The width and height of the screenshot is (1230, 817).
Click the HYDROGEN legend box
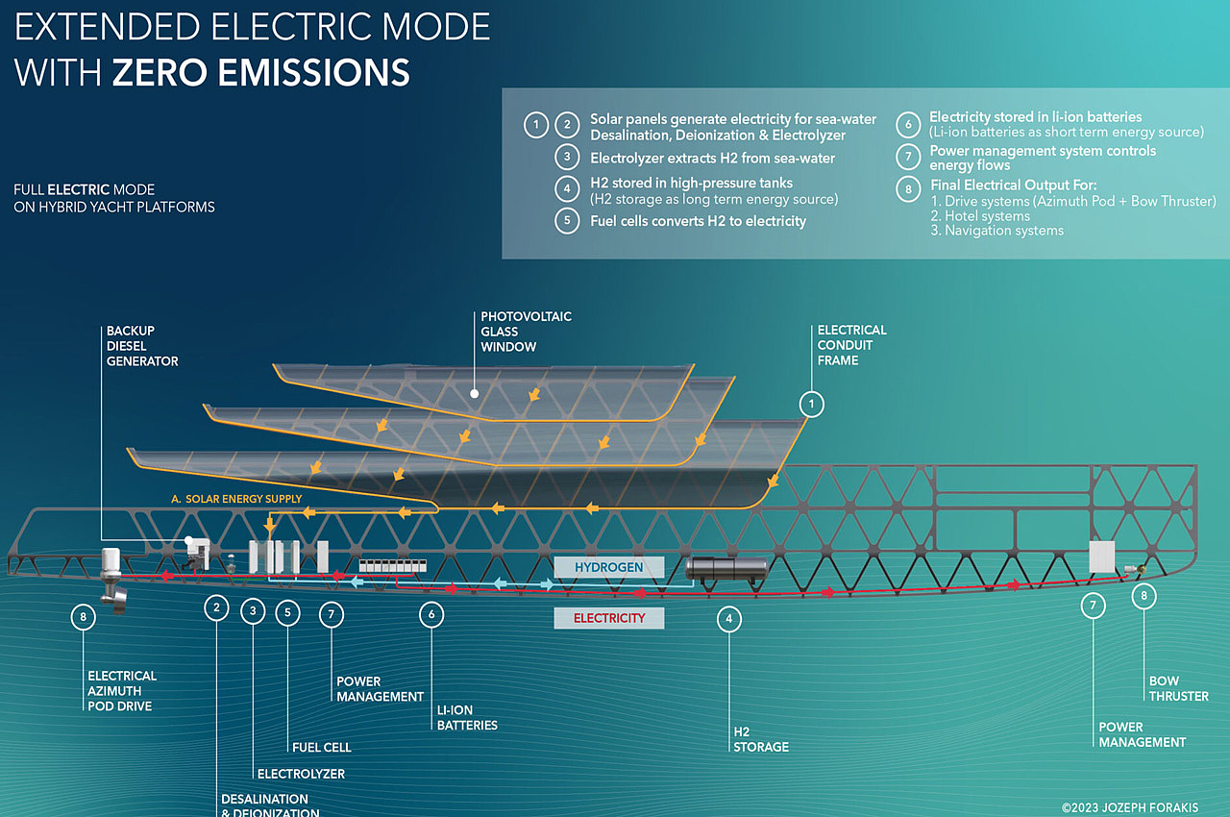click(x=609, y=567)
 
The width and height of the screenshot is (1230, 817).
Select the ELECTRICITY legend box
click(x=609, y=618)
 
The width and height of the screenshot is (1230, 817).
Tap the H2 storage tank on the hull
click(x=726, y=569)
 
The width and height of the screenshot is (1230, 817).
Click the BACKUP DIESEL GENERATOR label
click(x=142, y=346)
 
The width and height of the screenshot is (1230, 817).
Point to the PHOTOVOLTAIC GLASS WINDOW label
click(x=526, y=332)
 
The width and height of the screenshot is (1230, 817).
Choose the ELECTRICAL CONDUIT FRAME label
click(x=851, y=345)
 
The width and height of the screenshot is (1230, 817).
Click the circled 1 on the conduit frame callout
click(x=812, y=405)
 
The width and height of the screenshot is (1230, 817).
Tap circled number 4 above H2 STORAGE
click(x=729, y=619)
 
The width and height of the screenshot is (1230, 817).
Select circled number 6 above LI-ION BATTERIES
click(x=431, y=614)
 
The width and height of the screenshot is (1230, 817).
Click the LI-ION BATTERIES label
click(x=467, y=718)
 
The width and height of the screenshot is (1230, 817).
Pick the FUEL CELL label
click(x=322, y=747)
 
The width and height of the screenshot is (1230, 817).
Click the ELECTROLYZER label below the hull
click(x=301, y=774)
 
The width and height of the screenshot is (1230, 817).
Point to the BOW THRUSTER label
click(x=1179, y=688)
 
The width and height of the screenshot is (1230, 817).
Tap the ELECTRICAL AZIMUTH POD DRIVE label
click(x=122, y=691)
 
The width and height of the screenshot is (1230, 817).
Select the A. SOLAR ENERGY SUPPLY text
click(x=236, y=499)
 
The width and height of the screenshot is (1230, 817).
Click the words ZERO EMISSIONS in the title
click(x=261, y=72)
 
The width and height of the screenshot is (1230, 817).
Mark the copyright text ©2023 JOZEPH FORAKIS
click(x=1130, y=807)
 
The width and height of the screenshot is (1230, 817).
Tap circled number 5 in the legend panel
click(x=567, y=221)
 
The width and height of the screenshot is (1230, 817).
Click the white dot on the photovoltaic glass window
click(x=475, y=394)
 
